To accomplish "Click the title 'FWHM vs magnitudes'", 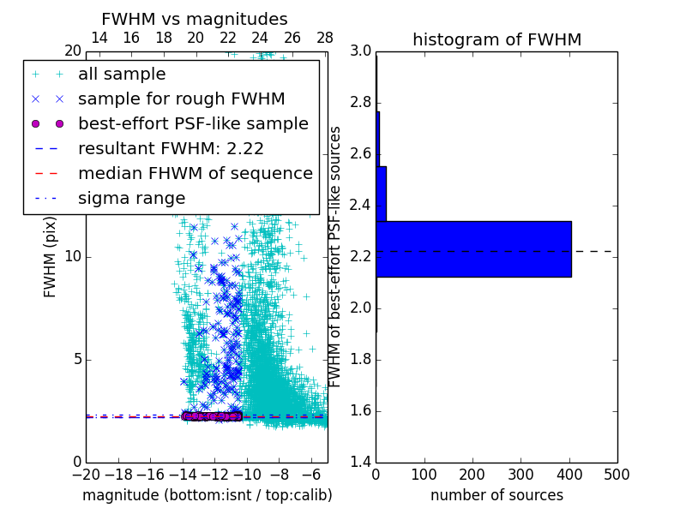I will pyautogui.click(x=195, y=19).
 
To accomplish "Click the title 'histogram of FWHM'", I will pyautogui.click(x=496, y=39).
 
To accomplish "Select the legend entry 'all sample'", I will pyautogui.click(x=122, y=75).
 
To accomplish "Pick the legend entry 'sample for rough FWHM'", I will pyautogui.click(x=181, y=99).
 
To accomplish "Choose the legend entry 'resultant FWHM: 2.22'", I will pyautogui.click(x=171, y=148).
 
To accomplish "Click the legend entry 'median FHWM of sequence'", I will pyautogui.click(x=195, y=173).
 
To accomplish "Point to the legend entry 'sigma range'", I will pyautogui.click(x=131, y=198).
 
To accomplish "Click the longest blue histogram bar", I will pyautogui.click(x=473, y=249).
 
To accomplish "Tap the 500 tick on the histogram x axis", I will pyautogui.click(x=617, y=474).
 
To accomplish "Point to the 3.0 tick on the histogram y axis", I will pyautogui.click(x=361, y=51).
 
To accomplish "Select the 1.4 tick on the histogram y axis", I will pyautogui.click(x=361, y=462).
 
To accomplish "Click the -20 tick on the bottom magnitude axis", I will pyautogui.click(x=86, y=474).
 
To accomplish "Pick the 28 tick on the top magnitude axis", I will pyautogui.click(x=325, y=38).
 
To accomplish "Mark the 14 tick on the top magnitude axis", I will pyautogui.click(x=99, y=38).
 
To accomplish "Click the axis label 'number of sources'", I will pyautogui.click(x=496, y=495).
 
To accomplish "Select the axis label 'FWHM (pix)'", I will pyautogui.click(x=51, y=256).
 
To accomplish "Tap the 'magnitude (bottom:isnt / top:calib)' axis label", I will pyautogui.click(x=207, y=495).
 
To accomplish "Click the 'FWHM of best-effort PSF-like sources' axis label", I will pyautogui.click(x=336, y=256).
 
